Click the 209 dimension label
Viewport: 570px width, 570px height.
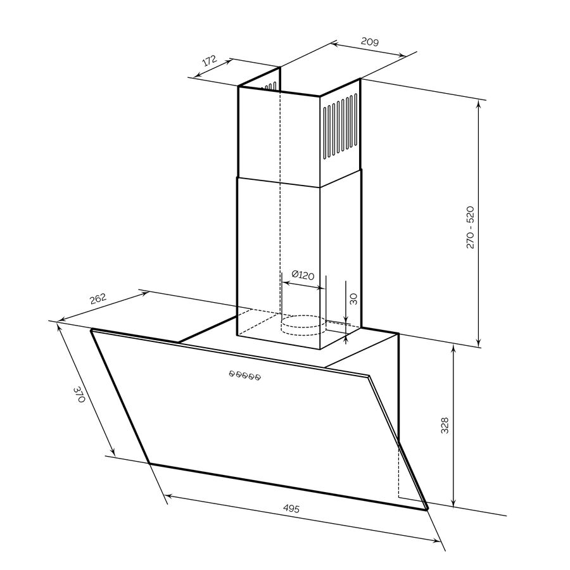click(x=370, y=42)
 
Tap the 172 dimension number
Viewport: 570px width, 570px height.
click(x=210, y=60)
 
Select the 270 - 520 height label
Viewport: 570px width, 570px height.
click(x=470, y=227)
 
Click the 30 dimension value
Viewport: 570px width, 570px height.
click(x=353, y=299)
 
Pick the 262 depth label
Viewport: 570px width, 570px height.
click(x=98, y=299)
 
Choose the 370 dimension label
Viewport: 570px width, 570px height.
click(x=79, y=395)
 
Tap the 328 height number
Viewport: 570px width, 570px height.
click(x=445, y=426)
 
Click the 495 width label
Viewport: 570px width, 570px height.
click(x=291, y=508)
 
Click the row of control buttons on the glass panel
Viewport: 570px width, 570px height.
click(x=244, y=376)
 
